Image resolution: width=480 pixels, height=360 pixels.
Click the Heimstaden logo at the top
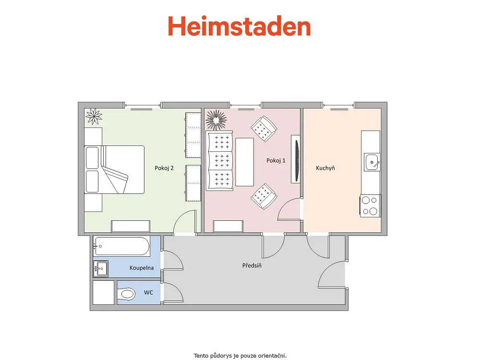coord(240,26)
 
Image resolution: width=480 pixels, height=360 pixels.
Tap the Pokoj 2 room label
coord(164,168)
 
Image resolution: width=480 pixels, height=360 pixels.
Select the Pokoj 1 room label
coord(276,161)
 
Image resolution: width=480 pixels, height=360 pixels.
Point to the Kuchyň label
coord(325,168)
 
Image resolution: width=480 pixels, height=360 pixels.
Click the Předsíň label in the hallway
coord(252,265)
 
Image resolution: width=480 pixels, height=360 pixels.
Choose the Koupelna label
coord(142,268)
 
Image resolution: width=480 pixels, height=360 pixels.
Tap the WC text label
coord(148,293)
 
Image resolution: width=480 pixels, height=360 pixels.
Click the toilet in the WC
coord(126,295)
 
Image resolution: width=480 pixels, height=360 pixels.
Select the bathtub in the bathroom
coord(121,246)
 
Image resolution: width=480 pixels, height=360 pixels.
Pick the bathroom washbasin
coord(101,269)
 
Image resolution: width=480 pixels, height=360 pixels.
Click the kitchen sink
coord(372,162)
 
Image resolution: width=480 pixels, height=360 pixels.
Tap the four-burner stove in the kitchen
coord(370,206)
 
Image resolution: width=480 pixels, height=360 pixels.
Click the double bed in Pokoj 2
coord(114,169)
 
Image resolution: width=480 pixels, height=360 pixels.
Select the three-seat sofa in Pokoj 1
coord(220,160)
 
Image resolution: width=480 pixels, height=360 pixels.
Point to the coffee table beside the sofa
coord(245,162)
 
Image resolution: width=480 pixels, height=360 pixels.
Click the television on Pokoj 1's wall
coord(296,159)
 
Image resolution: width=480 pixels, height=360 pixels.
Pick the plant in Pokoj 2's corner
coord(94,116)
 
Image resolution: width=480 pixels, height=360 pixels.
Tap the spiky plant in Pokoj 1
coord(216,120)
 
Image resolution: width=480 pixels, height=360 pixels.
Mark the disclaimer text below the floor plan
coord(240,356)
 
